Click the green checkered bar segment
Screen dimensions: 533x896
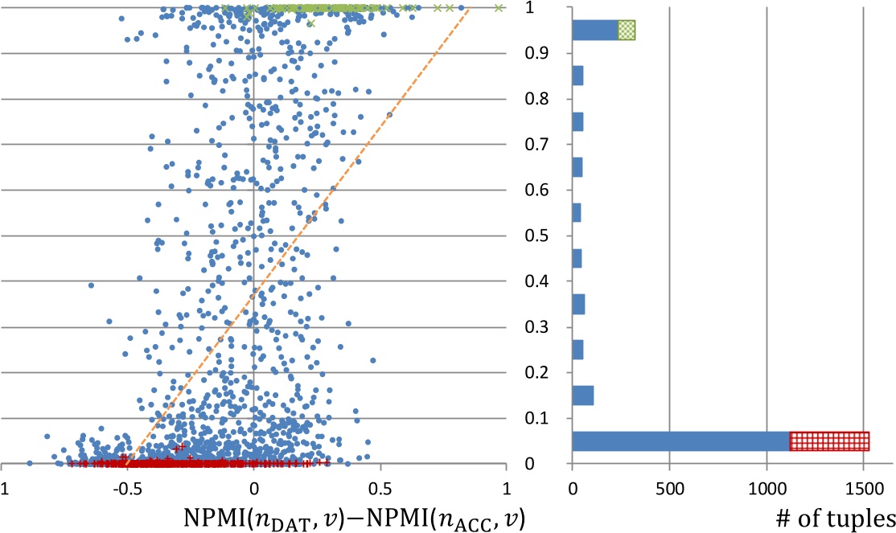(627, 30)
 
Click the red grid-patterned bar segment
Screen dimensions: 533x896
(829, 441)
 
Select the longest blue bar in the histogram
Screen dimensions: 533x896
(680, 441)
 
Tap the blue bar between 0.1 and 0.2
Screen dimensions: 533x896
(582, 396)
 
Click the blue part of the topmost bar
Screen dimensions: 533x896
(594, 30)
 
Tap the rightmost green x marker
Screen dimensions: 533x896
(499, 8)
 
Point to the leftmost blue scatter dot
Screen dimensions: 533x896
(30, 463)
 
